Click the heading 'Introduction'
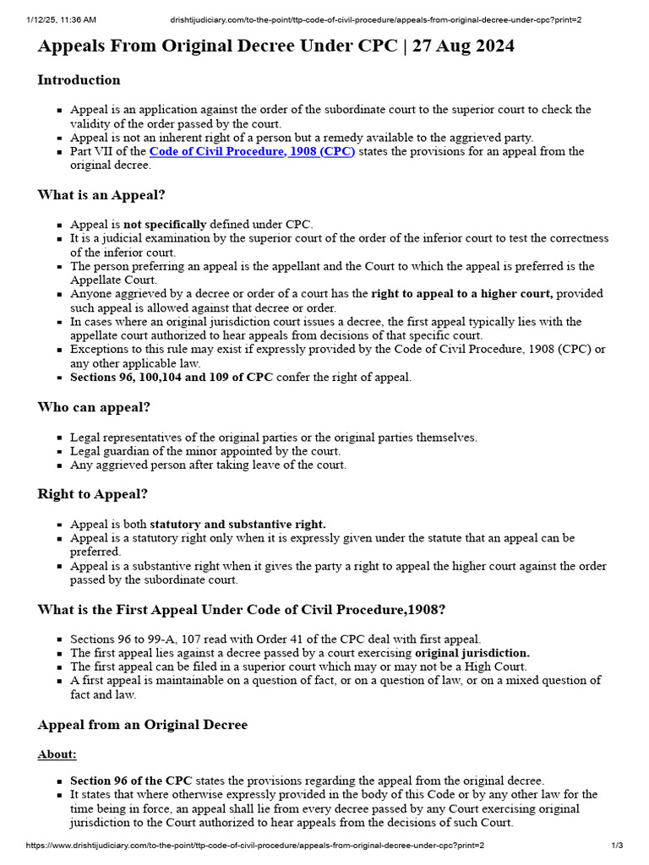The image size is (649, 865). pos(79,80)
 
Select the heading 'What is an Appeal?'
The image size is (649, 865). pos(101,195)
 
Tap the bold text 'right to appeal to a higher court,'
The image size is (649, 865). pos(462,294)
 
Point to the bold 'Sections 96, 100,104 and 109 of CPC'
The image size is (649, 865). pos(172,378)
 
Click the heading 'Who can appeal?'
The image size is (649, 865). pos(94,407)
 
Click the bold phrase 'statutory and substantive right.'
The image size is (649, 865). pos(237,525)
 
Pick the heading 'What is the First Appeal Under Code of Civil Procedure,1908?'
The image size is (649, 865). pos(241,610)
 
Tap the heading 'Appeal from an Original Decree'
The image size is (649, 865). pos(142,725)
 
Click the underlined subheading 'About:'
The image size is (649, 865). pos(57,754)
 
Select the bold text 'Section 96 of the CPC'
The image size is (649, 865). pos(131,781)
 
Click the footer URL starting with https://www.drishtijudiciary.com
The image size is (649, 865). pos(255,846)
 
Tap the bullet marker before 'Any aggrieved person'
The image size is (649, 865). pos(59,465)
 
